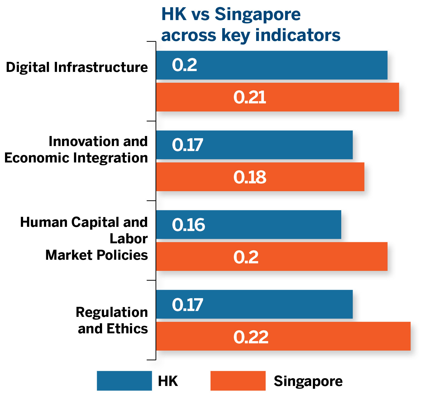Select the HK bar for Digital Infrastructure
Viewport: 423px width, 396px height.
coord(271,65)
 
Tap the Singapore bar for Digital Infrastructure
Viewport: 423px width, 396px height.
coord(277,97)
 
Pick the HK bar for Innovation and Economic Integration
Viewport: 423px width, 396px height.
coord(254,145)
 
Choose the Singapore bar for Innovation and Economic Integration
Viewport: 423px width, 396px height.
coord(260,177)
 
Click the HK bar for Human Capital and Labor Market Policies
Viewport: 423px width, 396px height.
coord(248,225)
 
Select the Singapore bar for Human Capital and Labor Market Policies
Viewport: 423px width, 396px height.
coord(271,257)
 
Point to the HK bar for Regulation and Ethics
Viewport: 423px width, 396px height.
coord(254,304)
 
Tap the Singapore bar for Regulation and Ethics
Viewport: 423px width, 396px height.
coord(283,336)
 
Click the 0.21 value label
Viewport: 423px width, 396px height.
coord(250,98)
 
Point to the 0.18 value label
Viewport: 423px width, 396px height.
coord(250,177)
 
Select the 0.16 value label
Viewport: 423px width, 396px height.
coord(188,225)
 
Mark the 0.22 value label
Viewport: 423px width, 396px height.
coord(251,337)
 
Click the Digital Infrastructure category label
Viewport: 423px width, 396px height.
coord(77,67)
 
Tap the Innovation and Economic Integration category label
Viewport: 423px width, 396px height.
coord(76,150)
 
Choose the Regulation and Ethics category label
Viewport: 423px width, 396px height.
coord(112,320)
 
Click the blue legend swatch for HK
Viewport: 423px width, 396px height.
coord(124,381)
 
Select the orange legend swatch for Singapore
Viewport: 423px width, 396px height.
coord(238,381)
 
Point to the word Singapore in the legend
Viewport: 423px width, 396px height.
coord(308,381)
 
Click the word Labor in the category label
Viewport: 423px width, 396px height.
coord(128,239)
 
